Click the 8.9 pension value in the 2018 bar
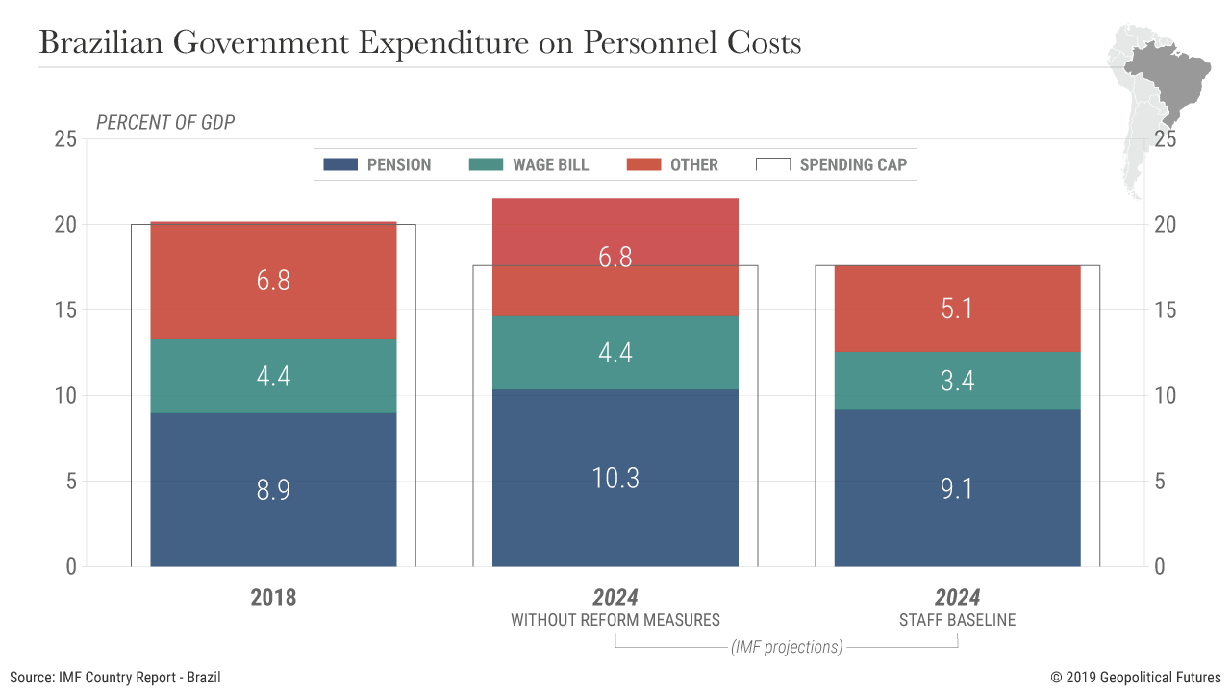(x=273, y=489)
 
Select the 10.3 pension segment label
(x=615, y=478)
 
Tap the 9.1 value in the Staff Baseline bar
(x=957, y=489)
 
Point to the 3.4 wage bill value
(x=957, y=381)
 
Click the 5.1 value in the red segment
(x=957, y=309)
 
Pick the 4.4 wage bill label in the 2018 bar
(x=273, y=376)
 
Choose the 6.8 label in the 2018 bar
(x=273, y=281)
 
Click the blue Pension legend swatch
(x=340, y=164)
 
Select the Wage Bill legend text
(x=550, y=164)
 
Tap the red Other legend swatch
(x=643, y=164)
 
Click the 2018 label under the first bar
(x=273, y=597)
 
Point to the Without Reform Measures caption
(x=615, y=619)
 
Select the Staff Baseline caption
(x=957, y=619)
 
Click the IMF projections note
(x=787, y=647)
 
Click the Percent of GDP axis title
(x=165, y=122)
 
